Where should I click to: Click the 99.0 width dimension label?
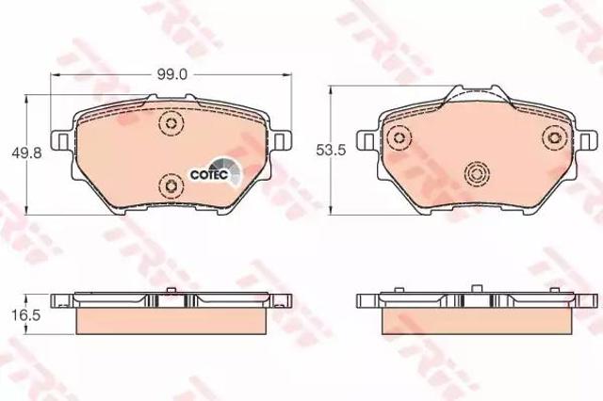point(171,75)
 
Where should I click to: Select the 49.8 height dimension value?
point(26,153)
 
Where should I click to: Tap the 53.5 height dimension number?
point(331,150)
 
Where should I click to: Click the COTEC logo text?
point(209,174)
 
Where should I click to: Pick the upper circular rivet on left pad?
point(171,123)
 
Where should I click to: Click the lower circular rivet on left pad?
point(171,185)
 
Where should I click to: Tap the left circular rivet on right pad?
point(399,137)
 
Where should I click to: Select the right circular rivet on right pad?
point(555,137)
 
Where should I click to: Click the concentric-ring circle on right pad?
point(477,174)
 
